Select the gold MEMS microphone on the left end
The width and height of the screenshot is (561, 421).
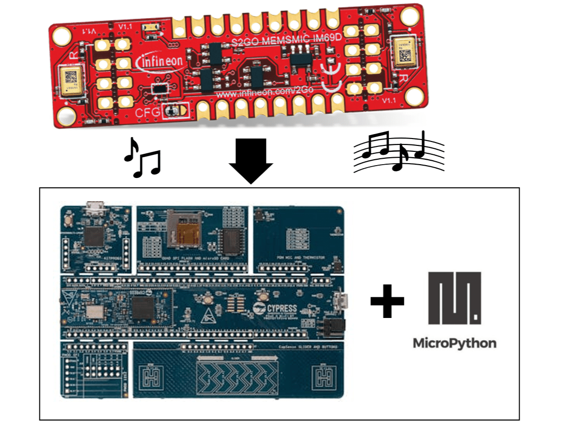(69, 80)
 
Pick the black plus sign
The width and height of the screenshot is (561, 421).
(388, 300)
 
